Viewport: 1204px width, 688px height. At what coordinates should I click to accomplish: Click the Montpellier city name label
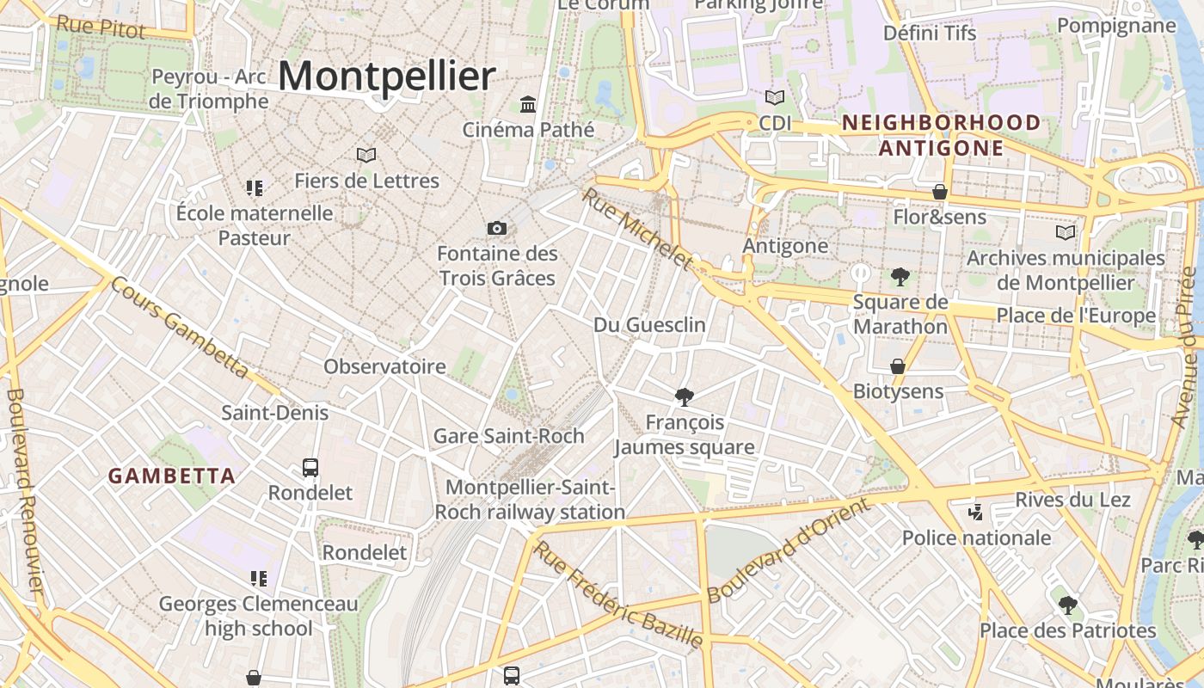click(x=386, y=77)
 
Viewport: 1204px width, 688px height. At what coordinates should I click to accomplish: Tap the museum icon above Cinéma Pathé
click(x=528, y=105)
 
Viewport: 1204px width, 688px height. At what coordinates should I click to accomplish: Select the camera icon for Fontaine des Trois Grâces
click(x=497, y=229)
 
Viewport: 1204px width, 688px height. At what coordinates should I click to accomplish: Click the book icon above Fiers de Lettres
click(x=366, y=156)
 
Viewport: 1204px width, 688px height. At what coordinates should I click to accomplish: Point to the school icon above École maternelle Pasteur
click(x=255, y=187)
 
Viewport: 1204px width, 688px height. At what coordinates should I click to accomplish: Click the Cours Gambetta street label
click(x=180, y=328)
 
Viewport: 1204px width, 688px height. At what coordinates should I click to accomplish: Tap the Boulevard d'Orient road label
click(x=787, y=550)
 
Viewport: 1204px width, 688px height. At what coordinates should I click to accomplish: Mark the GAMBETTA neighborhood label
click(x=171, y=476)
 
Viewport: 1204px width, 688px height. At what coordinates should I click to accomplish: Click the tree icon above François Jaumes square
click(x=685, y=396)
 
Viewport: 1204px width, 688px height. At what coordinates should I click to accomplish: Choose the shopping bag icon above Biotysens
click(x=898, y=366)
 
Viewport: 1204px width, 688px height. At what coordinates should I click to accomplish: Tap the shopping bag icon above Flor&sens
click(x=940, y=192)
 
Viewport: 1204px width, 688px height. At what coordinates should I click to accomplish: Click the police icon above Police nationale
click(x=975, y=513)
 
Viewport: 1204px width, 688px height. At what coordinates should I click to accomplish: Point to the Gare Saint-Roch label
click(x=508, y=436)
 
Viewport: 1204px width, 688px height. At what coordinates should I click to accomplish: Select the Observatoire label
click(x=384, y=366)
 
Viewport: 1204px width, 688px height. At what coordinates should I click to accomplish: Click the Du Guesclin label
click(x=649, y=325)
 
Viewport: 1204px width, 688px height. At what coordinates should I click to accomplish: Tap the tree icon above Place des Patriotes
click(x=1067, y=605)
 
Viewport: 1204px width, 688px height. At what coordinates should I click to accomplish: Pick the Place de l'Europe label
click(x=1076, y=316)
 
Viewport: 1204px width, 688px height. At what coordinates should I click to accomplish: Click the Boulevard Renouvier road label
click(x=24, y=490)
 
